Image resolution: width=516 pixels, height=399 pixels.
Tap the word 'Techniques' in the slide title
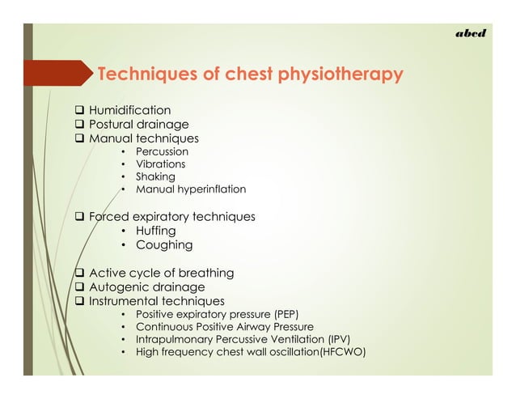146,76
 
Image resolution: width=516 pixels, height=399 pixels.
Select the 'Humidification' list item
129,110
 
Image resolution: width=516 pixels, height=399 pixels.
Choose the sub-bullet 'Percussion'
162,152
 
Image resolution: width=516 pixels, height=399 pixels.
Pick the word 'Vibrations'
160,164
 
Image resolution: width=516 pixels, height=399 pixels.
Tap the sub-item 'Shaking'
155,176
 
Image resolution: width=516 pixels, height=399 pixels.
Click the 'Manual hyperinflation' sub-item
190,189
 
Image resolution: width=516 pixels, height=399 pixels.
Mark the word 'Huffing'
157,231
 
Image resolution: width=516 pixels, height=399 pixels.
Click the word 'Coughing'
163,244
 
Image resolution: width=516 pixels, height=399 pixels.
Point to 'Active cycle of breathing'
161,273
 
